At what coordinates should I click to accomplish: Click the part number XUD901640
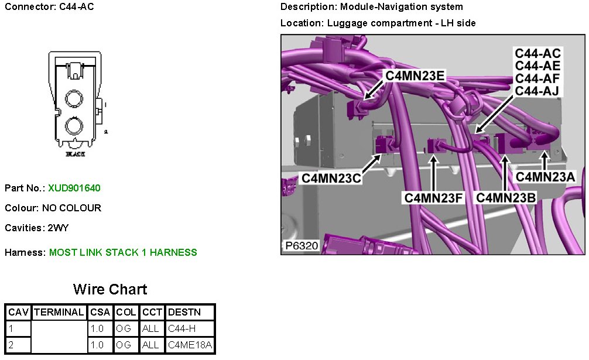click(x=74, y=188)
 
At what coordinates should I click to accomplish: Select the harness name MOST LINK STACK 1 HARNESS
click(x=123, y=252)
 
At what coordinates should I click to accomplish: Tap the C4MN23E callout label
click(x=415, y=76)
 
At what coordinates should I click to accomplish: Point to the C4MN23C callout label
click(x=331, y=178)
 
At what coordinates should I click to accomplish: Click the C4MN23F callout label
click(x=434, y=198)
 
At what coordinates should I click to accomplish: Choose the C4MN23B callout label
click(x=506, y=198)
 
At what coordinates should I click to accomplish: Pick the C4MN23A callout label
click(x=545, y=176)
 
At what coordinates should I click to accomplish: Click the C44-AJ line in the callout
click(x=537, y=91)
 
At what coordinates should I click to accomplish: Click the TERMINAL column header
click(x=59, y=312)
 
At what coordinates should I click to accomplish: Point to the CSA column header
click(x=101, y=312)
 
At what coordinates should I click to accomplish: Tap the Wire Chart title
click(x=110, y=289)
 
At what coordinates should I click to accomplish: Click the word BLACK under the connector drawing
click(x=76, y=155)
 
